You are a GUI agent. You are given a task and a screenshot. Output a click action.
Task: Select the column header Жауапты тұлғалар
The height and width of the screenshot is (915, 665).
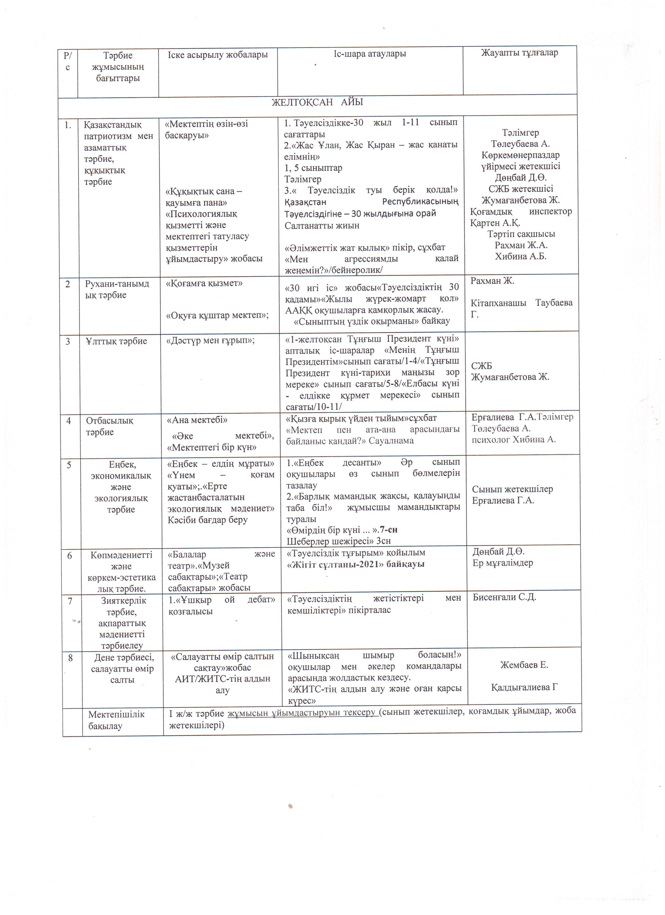(519, 53)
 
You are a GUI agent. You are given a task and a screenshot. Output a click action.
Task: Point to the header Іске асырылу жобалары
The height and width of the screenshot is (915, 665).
(218, 54)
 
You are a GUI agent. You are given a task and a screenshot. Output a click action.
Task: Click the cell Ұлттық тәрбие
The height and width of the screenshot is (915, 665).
(116, 341)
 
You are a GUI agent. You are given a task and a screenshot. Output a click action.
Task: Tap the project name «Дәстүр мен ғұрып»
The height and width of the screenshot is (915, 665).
(211, 341)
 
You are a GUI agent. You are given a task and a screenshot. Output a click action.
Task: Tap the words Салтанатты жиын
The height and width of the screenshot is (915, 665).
(322, 225)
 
